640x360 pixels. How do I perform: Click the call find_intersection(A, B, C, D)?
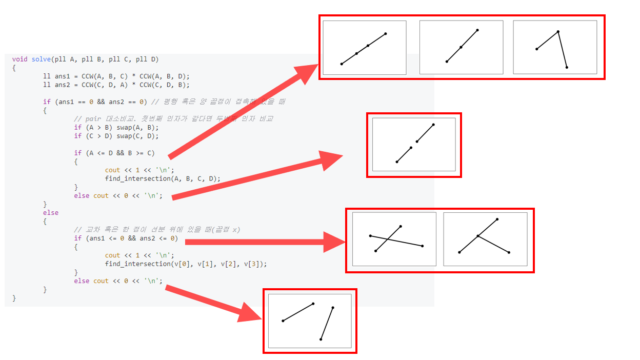coord(163,178)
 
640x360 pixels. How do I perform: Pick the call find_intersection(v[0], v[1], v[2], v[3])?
coord(186,264)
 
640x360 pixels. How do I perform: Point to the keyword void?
coord(20,59)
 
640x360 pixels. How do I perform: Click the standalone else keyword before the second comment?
coord(51,212)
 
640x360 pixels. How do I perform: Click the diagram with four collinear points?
coord(365,48)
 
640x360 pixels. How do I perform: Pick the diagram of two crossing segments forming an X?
coord(394,239)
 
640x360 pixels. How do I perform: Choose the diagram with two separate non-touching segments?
coord(310,321)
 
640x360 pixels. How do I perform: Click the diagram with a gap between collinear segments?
coord(414,145)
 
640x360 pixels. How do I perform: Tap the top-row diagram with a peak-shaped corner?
coord(555,48)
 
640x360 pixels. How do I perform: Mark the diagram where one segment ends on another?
coord(485,239)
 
